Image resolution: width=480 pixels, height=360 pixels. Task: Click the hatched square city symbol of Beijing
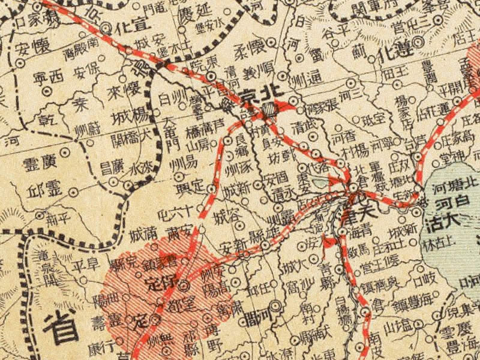click(270, 109)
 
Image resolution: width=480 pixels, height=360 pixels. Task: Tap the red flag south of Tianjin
click(328, 241)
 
